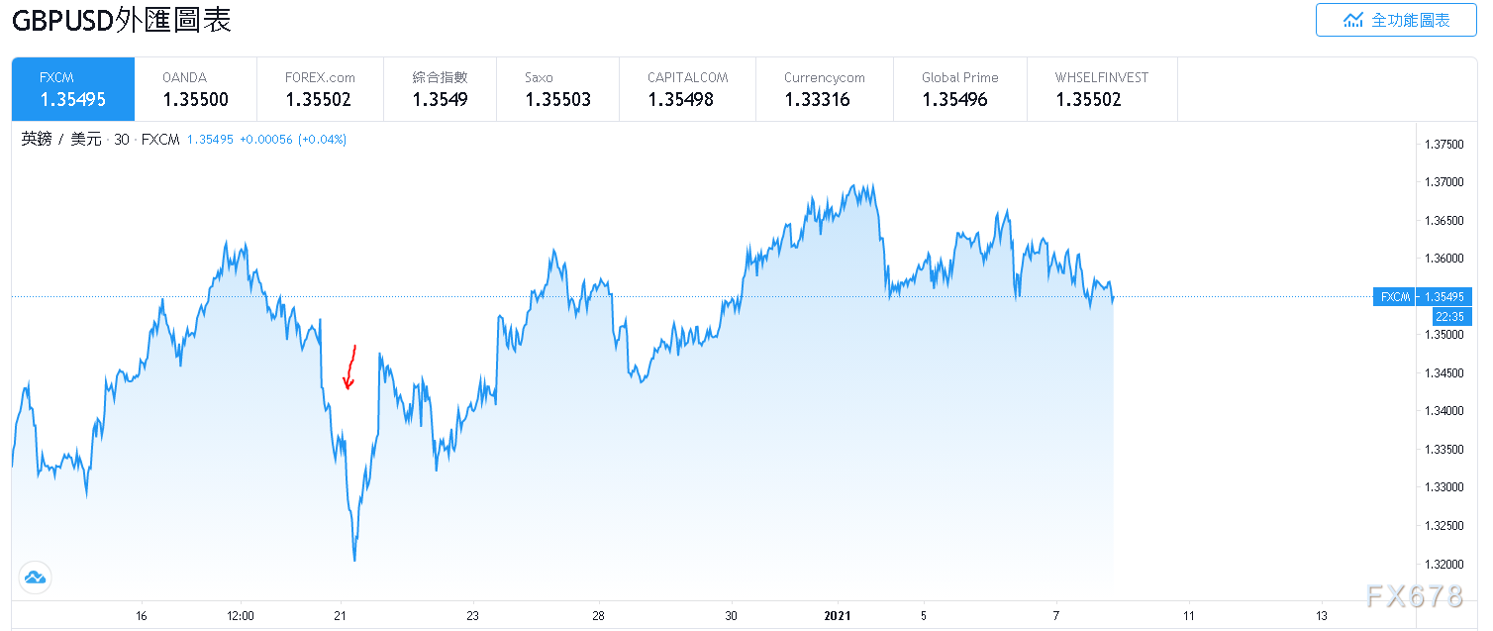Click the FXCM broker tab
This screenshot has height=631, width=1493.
point(72,89)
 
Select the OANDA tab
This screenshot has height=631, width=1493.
point(195,89)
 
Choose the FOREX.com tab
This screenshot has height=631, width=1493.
point(319,89)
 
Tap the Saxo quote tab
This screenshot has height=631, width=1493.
point(557,89)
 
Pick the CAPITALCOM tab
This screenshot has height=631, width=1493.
point(686,89)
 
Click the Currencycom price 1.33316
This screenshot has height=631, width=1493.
point(817,100)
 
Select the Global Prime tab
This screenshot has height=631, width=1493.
point(958,89)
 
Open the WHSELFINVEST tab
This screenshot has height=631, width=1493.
point(1101,89)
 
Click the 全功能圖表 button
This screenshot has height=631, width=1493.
point(1395,20)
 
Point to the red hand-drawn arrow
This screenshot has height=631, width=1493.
point(349,368)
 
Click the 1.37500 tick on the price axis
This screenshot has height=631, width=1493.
point(1443,145)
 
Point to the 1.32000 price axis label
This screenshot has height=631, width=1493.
point(1443,564)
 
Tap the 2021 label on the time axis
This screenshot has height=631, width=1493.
point(838,615)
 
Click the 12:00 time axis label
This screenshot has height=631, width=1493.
point(241,615)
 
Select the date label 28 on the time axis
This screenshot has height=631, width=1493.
point(598,615)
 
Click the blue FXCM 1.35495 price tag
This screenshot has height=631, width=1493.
point(1423,296)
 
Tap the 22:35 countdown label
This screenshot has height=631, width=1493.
point(1447,317)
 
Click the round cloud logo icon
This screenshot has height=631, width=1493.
point(35,578)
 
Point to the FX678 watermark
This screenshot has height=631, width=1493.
point(1414,595)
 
